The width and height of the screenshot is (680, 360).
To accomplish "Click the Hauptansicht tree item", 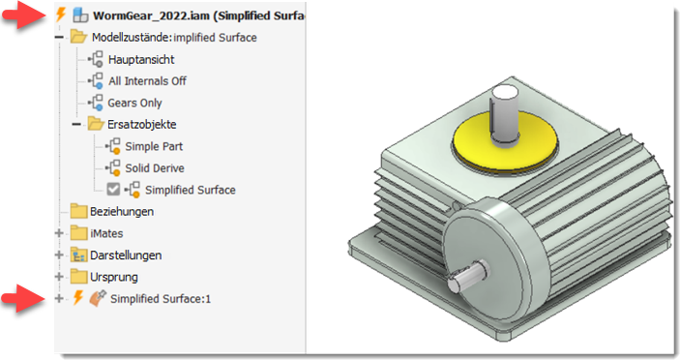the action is click(141, 59).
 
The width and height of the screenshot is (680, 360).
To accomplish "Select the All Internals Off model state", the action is click(147, 81).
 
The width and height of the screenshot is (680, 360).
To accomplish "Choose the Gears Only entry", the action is click(134, 103).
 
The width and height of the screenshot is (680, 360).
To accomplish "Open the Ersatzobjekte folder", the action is click(142, 125).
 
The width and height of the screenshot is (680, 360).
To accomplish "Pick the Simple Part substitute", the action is click(154, 146).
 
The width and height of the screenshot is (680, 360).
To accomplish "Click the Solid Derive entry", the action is click(155, 167).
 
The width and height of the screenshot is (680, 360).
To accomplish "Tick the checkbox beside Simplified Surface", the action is click(113, 189).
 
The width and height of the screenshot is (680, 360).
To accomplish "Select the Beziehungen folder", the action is click(122, 212).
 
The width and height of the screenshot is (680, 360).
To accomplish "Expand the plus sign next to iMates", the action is click(59, 233).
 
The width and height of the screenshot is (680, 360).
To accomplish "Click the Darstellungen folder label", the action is click(126, 255).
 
